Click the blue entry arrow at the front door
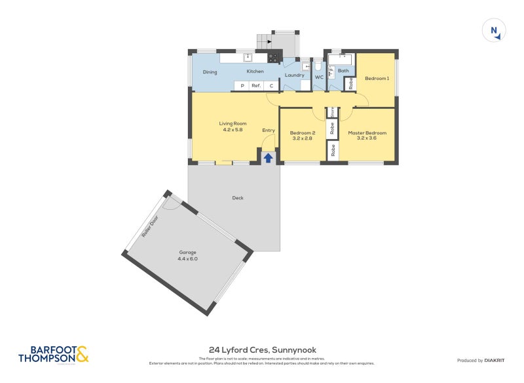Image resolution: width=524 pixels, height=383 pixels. (268, 157)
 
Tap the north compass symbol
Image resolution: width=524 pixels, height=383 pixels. (495, 30)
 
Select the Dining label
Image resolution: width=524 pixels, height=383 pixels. (210, 71)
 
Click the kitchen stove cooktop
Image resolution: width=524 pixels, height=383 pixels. (274, 58)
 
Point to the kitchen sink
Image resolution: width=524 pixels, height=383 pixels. (248, 58)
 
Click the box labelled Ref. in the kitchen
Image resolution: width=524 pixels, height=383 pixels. (256, 86)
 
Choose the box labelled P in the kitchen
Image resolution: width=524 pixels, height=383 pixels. (242, 86)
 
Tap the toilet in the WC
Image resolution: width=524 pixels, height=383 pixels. (318, 66)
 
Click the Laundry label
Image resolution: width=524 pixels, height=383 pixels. (294, 75)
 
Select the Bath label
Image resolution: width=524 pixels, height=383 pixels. (343, 71)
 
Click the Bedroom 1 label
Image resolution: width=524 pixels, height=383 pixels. (377, 79)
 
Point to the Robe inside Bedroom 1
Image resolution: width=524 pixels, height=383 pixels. (350, 83)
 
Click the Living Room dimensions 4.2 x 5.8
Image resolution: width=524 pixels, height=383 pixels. (233, 130)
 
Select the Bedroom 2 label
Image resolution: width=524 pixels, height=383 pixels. (303, 132)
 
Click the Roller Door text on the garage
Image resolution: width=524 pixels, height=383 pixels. (150, 227)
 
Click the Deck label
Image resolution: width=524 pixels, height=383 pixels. (238, 197)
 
